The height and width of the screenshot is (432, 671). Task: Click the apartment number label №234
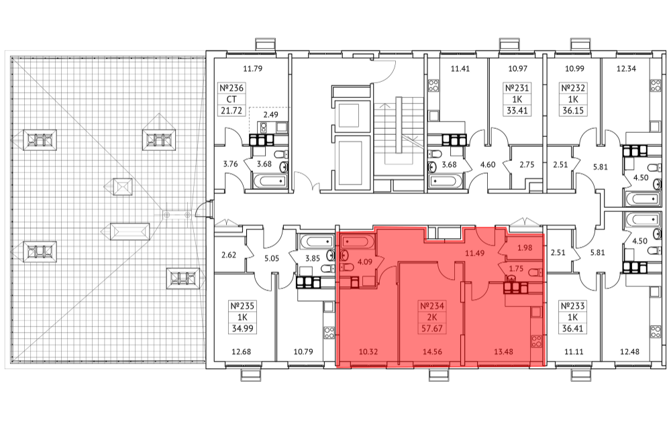(x=431, y=306)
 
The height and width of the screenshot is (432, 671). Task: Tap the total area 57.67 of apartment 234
(x=431, y=329)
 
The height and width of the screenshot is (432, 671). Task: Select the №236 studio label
(x=231, y=88)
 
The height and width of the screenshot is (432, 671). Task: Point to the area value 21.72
(x=231, y=111)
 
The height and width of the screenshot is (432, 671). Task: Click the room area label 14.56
(x=432, y=352)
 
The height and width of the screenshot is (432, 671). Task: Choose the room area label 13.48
(x=503, y=352)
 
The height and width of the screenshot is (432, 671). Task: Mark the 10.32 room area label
(x=368, y=352)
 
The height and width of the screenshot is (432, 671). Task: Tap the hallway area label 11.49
(x=474, y=253)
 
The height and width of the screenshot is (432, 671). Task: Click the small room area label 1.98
(x=525, y=248)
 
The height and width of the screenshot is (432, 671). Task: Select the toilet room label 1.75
(x=516, y=268)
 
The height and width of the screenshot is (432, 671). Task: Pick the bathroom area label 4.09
(x=364, y=262)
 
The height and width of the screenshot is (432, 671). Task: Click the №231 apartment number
(x=517, y=88)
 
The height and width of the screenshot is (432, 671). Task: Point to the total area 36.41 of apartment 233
(x=573, y=329)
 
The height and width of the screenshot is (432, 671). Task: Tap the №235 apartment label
(x=242, y=307)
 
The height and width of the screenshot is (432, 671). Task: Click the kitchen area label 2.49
(x=270, y=115)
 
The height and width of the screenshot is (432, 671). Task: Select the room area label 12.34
(x=626, y=68)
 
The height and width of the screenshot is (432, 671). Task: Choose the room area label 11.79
(x=252, y=68)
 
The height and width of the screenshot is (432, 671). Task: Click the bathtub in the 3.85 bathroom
(x=317, y=241)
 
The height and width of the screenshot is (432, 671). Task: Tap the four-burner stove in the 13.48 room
(x=537, y=341)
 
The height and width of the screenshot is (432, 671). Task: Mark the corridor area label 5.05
(x=272, y=258)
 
